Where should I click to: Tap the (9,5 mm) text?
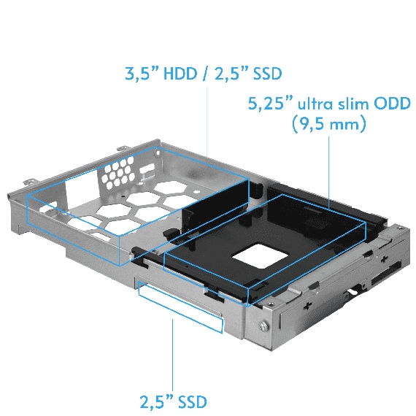pos(327,124)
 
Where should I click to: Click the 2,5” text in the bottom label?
pos(156,401)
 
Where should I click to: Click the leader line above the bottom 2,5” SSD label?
pos(174,358)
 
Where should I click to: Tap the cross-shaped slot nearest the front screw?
pos(310,299)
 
